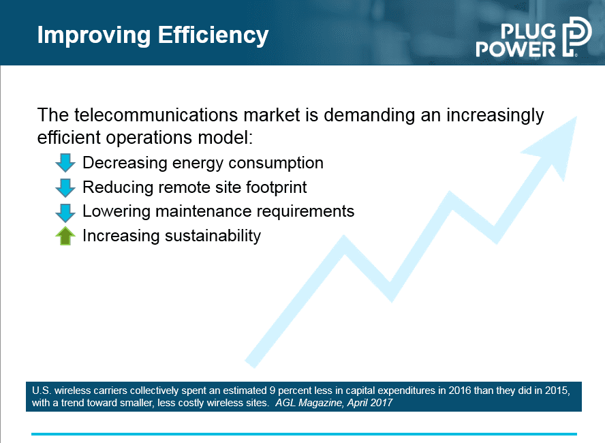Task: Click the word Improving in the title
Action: click(x=94, y=36)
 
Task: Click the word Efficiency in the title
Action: click(x=213, y=36)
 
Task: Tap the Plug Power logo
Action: click(x=533, y=37)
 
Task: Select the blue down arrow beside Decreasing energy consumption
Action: click(x=65, y=162)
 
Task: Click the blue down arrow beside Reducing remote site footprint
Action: click(x=65, y=187)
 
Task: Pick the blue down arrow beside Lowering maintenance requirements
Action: click(x=65, y=213)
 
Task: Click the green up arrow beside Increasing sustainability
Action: click(x=65, y=236)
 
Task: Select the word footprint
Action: click(x=276, y=187)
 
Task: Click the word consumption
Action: click(x=276, y=164)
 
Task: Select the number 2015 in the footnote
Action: click(x=557, y=391)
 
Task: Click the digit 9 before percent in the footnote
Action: click(x=272, y=391)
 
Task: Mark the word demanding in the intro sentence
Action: click(x=369, y=115)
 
